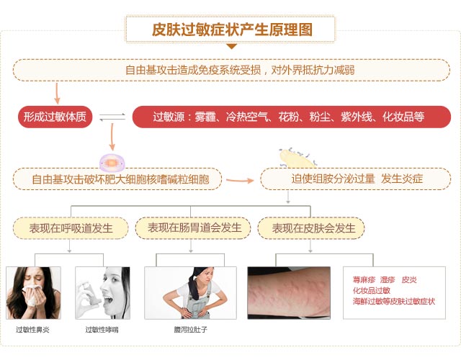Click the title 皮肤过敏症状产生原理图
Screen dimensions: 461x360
tap(232, 30)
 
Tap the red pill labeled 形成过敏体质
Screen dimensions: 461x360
tap(55, 117)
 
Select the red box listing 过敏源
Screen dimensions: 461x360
tap(291, 117)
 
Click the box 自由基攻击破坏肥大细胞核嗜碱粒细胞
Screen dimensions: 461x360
tap(117, 179)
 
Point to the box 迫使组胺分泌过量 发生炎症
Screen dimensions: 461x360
tap(355, 179)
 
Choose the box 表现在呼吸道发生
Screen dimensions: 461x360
tap(71, 228)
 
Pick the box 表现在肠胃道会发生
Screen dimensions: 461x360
tap(193, 228)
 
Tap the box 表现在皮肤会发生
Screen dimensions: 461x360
tap(311, 228)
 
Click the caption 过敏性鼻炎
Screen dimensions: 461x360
tap(32, 330)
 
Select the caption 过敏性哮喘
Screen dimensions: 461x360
tap(102, 330)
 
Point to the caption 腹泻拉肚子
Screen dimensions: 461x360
tap(190, 330)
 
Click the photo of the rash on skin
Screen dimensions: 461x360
tap(289, 293)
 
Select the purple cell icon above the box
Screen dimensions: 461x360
tap(112, 162)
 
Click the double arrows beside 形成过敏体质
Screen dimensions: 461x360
tap(112, 117)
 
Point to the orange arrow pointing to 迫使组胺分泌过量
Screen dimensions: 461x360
tap(240, 181)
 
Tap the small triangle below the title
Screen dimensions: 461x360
tap(232, 46)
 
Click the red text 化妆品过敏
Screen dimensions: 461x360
tap(372, 291)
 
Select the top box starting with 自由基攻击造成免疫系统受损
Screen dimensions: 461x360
tap(231, 71)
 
